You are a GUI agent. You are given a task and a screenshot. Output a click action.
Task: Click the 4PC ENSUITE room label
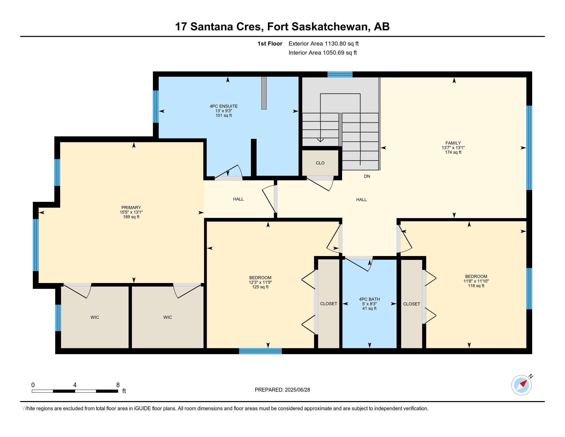pos(223,106)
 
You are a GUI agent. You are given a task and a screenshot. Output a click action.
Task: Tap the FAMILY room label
pos(453,143)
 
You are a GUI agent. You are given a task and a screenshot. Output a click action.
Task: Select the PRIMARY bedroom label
pos(131,207)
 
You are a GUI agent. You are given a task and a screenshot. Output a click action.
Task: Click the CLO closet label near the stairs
pos(320,163)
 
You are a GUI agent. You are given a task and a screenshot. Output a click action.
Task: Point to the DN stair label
pos(367,176)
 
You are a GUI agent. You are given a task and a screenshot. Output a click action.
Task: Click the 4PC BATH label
pos(369,299)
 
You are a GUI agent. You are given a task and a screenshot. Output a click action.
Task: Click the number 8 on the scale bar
pos(118,385)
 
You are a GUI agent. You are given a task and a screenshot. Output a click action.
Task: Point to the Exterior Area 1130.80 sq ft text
pos(324,43)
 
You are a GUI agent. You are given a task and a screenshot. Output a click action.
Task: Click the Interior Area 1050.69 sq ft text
pos(323,52)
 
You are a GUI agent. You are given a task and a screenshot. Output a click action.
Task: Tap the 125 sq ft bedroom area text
pos(260,287)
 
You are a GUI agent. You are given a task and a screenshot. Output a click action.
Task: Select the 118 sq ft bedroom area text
pos(476,286)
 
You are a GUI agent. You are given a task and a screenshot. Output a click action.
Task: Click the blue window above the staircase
pos(340,74)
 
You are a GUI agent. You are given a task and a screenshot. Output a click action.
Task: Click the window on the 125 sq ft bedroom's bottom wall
pos(260,351)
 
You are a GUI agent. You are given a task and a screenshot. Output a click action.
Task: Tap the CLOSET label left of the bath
pos(328,304)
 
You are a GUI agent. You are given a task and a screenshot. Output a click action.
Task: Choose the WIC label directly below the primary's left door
pos(95,317)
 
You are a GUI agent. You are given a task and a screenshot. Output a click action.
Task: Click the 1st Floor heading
pos(270,43)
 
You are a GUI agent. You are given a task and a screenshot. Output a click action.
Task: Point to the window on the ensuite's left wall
pos(156,106)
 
